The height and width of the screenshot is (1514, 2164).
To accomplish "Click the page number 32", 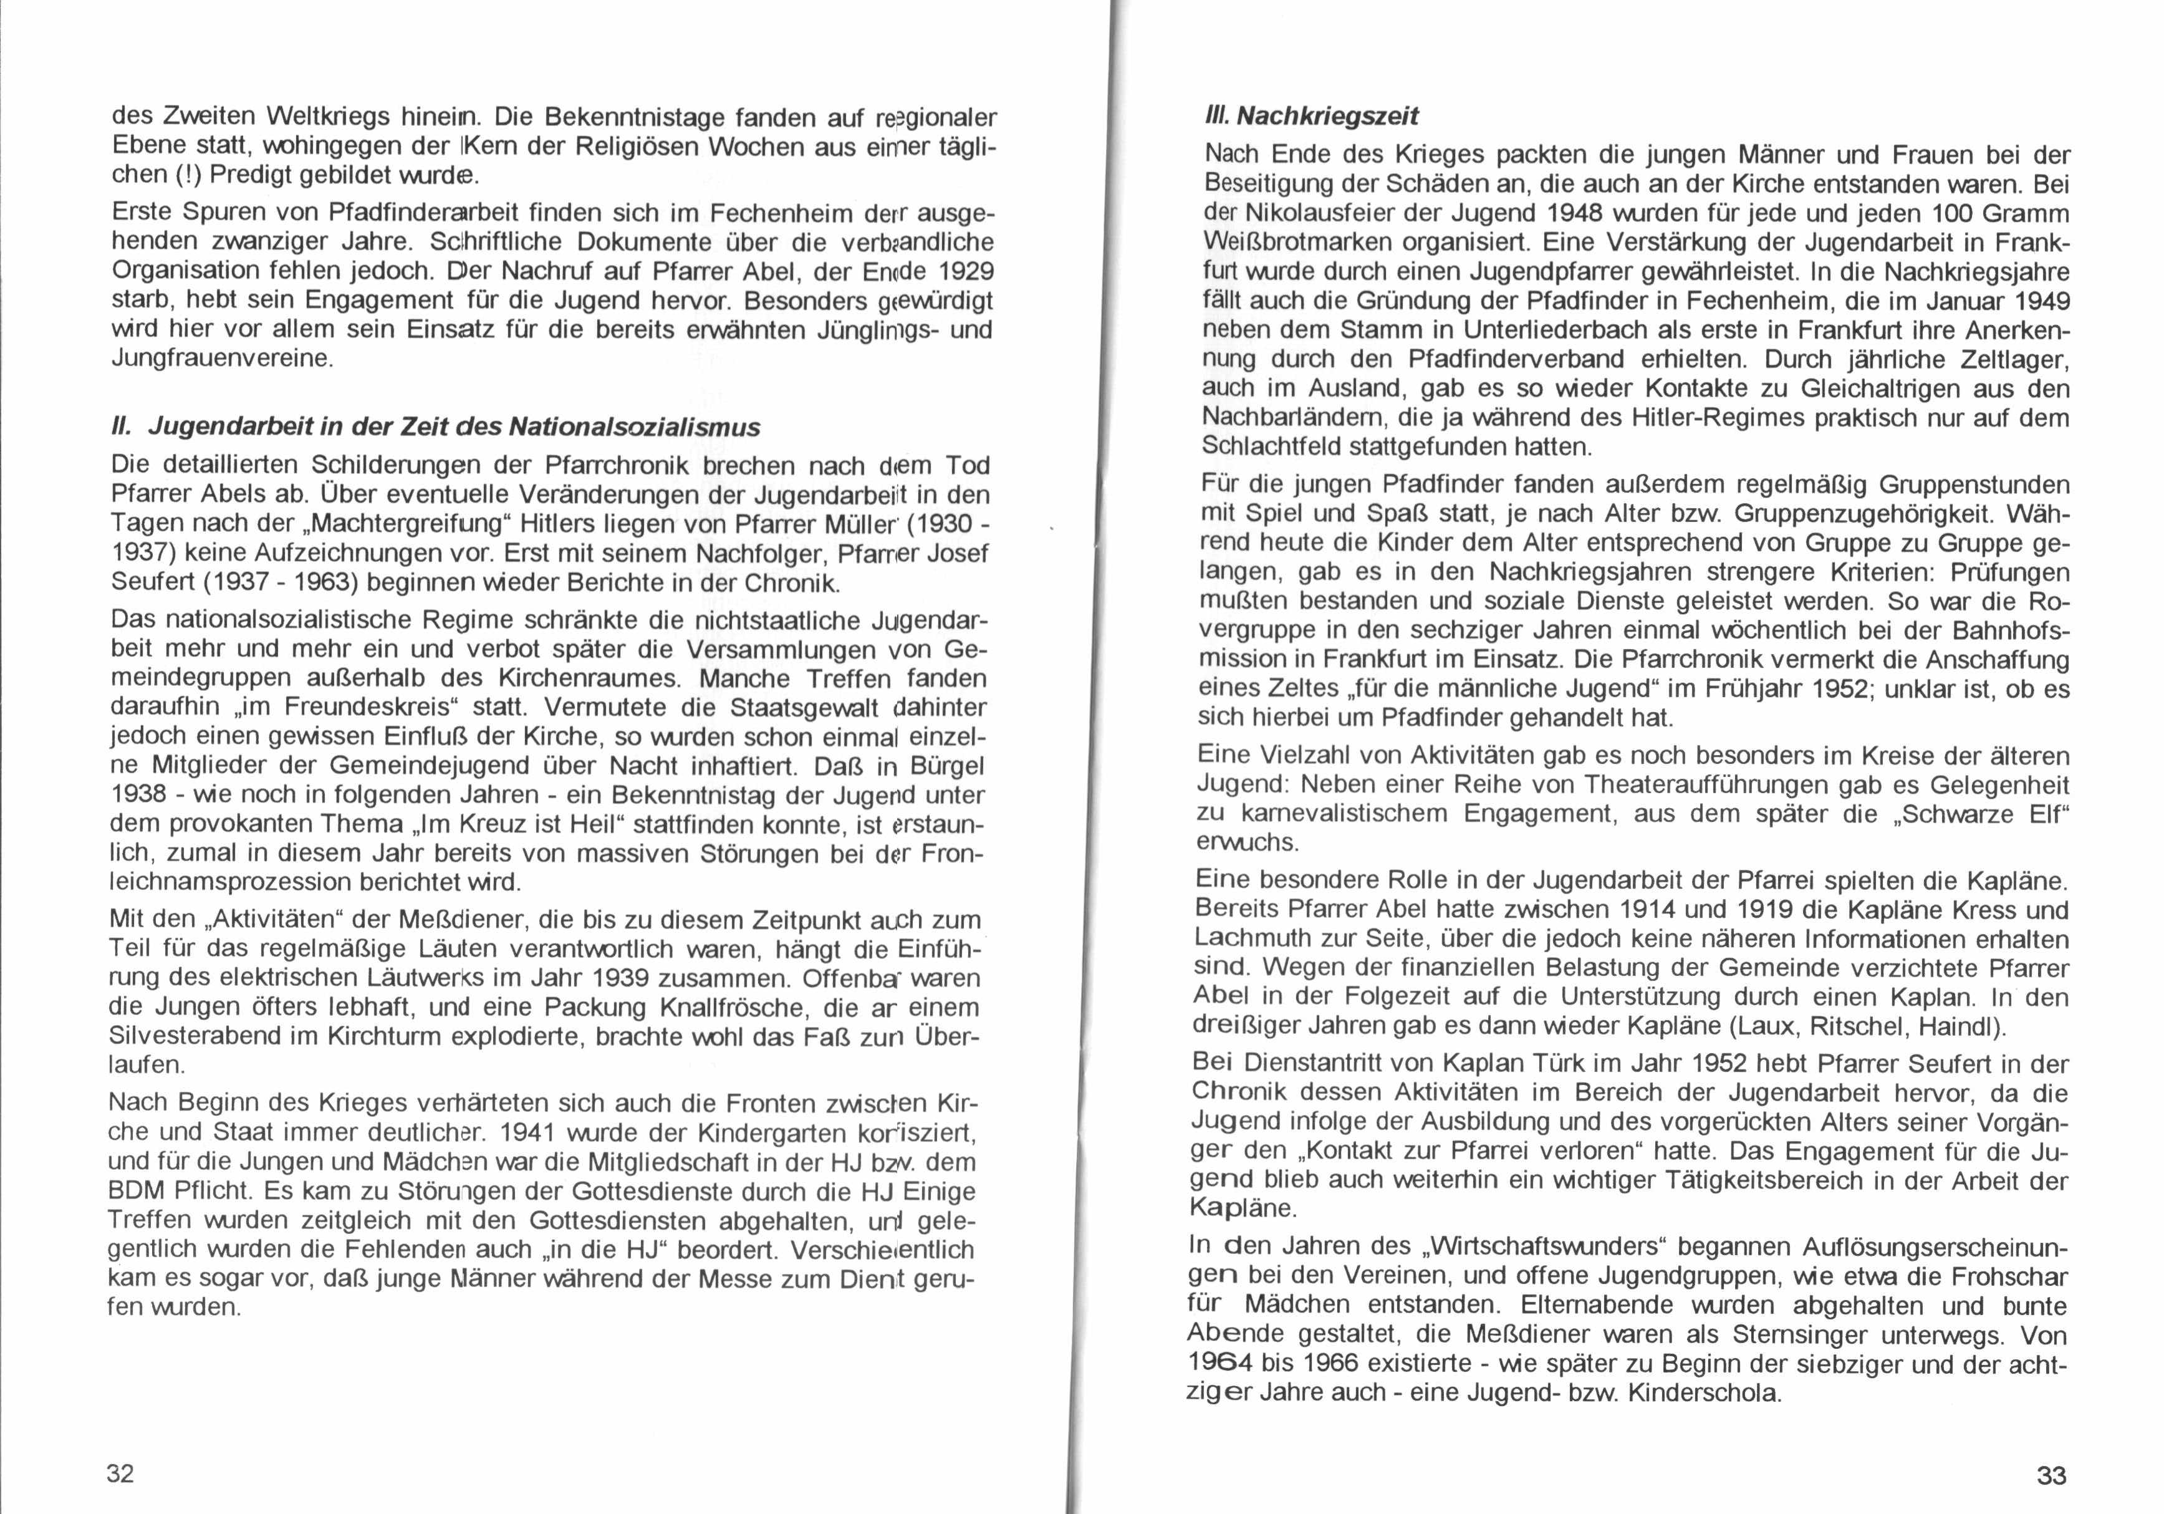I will [121, 1472].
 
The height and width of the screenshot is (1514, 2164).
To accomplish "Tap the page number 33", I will [2051, 1475].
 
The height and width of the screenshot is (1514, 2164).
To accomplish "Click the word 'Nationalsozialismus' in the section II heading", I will [634, 427].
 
